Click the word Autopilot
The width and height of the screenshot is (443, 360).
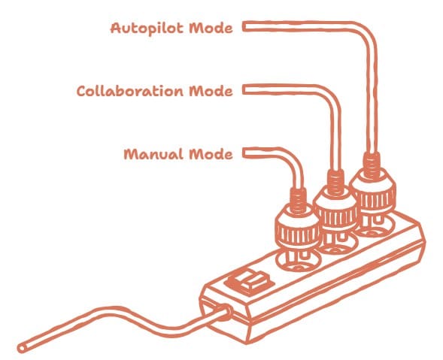click(147, 29)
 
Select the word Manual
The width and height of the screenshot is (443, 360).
click(153, 154)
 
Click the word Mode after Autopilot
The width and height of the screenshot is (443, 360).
click(211, 29)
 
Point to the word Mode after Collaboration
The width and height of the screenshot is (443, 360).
click(211, 91)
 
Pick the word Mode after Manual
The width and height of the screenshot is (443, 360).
click(211, 154)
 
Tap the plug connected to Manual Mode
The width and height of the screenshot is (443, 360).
click(299, 227)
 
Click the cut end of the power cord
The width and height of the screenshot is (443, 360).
click(22, 348)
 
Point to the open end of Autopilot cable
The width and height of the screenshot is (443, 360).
click(244, 27)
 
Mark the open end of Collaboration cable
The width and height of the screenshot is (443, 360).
click(244, 90)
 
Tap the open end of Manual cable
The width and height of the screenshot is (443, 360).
click(244, 153)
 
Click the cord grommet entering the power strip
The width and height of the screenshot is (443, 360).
click(225, 312)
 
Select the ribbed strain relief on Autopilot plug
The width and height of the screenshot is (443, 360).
click(372, 165)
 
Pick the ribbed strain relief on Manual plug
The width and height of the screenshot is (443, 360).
click(299, 201)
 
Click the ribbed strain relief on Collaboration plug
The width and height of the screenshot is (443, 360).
click(335, 183)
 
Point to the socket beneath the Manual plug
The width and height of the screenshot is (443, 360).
click(298, 262)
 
